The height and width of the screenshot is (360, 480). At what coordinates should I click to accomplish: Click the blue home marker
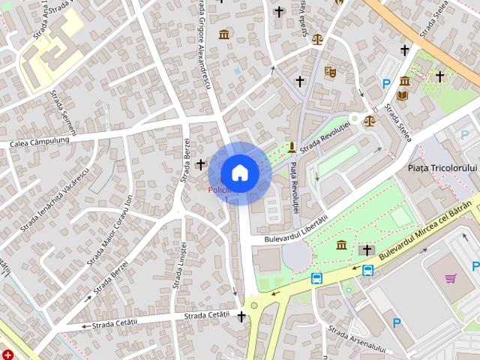point(239,172)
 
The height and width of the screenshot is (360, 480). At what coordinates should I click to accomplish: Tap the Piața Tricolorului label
point(442,168)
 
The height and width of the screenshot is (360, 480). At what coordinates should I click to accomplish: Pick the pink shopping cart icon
point(451,278)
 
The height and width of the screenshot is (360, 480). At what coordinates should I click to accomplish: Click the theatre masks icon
point(330,72)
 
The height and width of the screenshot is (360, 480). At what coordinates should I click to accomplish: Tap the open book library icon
point(402,96)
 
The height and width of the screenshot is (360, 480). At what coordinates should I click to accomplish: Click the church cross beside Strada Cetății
point(241,317)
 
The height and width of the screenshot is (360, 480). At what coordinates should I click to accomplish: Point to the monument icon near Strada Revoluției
point(292,146)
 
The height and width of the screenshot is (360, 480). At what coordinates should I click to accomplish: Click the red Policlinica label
point(222,190)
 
